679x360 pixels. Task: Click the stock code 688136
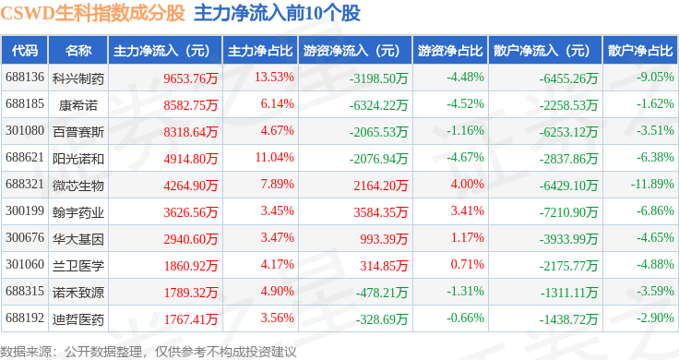click(25, 78)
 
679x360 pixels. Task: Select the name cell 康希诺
click(78, 105)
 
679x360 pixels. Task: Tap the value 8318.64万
click(191, 132)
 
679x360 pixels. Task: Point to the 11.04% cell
click(275, 157)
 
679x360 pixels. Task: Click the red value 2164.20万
click(381, 186)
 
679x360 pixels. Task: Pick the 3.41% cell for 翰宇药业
click(467, 211)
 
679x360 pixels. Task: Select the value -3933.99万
click(568, 239)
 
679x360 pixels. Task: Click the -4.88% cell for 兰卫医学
click(655, 264)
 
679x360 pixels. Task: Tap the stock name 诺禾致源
click(78, 293)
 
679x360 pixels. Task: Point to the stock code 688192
click(25, 318)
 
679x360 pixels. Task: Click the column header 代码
click(25, 51)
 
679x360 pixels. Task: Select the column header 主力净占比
click(260, 51)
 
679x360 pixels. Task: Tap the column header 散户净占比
click(640, 51)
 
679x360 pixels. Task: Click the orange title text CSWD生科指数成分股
click(92, 13)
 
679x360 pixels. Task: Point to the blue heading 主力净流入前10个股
click(277, 13)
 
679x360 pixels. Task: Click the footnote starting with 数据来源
click(149, 352)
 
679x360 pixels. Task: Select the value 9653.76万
click(191, 78)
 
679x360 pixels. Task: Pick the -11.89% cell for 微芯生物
click(652, 184)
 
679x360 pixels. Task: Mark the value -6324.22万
click(378, 105)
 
